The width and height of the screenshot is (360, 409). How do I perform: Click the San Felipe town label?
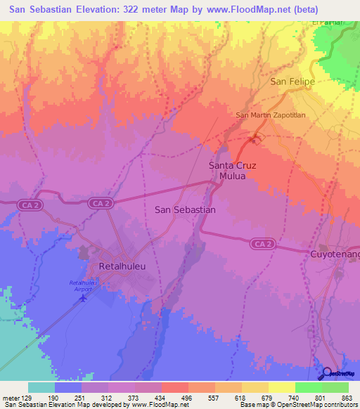pyautogui.click(x=292, y=82)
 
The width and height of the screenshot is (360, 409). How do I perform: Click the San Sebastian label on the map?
pyautogui.click(x=184, y=209)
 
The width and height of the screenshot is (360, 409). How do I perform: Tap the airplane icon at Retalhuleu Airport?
pyautogui.click(x=84, y=297)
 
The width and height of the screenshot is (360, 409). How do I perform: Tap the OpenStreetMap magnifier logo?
pyautogui.click(x=328, y=373)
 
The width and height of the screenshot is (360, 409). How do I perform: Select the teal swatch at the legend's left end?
pyautogui.click(x=41, y=387)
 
